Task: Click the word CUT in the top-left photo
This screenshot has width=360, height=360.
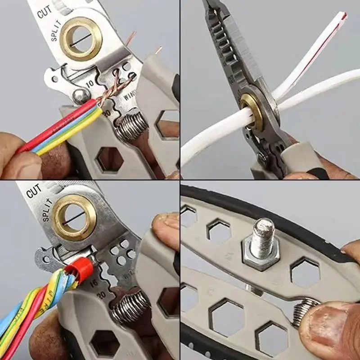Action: pos(45,12)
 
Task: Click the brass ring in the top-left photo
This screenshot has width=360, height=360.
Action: pos(81,39)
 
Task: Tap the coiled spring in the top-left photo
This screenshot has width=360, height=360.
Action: pos(130,126)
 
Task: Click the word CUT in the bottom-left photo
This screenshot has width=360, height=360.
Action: pos(34,192)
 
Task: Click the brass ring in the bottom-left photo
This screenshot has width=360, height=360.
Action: pos(75,217)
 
